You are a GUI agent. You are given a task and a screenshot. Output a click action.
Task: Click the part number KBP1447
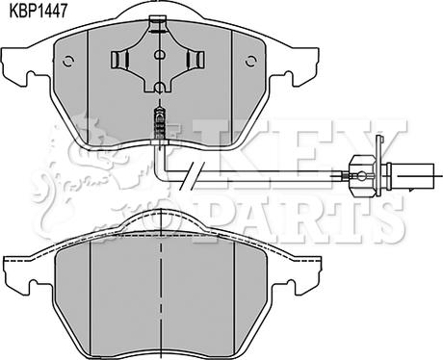pos(39,11)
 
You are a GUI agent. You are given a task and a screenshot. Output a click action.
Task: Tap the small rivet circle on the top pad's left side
pos(68,61)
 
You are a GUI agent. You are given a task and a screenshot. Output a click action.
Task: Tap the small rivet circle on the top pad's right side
pos(251,61)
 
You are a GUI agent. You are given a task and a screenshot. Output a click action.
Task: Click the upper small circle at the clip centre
pos(159,55)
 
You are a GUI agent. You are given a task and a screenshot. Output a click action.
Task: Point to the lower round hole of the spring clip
pos(159,88)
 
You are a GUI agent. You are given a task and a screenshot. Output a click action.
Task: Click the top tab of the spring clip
pos(157,24)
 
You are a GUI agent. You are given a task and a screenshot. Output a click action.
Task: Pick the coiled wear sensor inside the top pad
pos(160,124)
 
